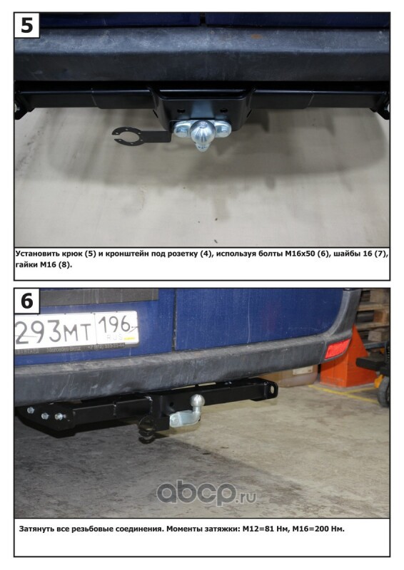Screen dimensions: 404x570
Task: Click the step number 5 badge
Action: click(26, 25)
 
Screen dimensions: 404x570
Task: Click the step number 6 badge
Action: click(26, 301)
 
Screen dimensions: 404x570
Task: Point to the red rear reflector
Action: click(338, 348)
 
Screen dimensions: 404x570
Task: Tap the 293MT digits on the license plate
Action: click(54, 332)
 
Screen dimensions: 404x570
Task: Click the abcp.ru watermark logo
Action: click(206, 492)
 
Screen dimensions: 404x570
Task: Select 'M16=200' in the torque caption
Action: click(307, 529)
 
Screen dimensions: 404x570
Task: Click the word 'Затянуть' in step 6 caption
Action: click(37, 529)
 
